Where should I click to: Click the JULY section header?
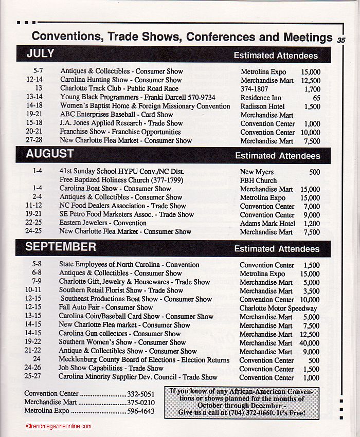click(41, 54)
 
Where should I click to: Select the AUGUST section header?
click(50, 154)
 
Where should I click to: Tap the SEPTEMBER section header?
click(61, 247)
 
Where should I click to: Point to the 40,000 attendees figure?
click(309, 343)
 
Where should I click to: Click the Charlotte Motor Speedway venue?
click(278, 308)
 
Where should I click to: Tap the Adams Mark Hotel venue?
click(267, 223)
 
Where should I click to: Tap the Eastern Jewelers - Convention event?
click(103, 223)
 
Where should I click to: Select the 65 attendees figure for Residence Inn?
click(316, 98)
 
